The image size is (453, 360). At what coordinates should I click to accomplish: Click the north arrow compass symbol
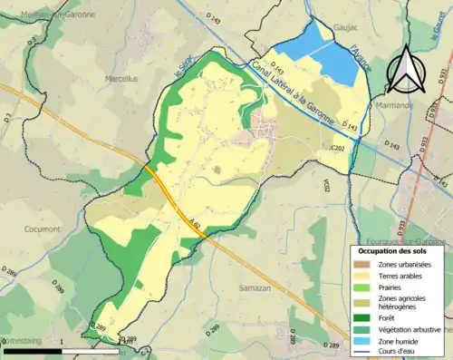point(405,64)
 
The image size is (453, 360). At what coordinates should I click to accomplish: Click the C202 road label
point(338,147)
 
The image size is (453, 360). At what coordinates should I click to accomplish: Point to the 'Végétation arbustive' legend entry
point(411,329)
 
